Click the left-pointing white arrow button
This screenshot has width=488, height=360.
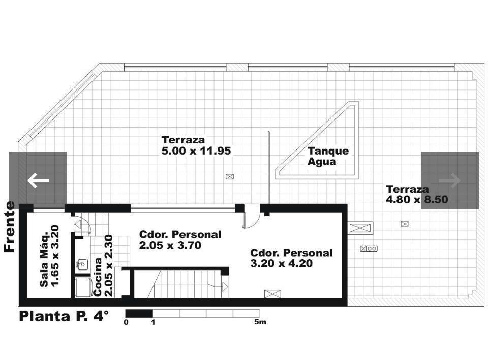(38, 181)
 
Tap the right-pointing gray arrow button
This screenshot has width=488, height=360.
(450, 181)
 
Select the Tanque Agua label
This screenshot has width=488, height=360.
(328, 156)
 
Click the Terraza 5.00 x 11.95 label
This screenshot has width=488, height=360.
(196, 145)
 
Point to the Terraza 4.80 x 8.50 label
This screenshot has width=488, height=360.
(417, 194)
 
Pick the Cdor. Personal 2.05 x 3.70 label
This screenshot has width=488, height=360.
(180, 240)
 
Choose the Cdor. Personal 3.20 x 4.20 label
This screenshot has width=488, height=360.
(291, 258)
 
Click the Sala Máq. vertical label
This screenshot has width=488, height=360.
(49, 255)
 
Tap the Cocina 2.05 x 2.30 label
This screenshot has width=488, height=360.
(103, 265)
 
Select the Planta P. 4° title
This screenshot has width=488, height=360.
(64, 316)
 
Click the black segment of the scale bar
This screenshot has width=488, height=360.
(139, 313)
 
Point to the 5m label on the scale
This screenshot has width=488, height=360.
(260, 322)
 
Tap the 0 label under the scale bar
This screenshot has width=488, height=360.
(126, 322)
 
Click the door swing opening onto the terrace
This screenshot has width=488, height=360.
(252, 217)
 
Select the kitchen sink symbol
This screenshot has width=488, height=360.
(82, 264)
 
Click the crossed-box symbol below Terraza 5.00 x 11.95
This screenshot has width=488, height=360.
(230, 177)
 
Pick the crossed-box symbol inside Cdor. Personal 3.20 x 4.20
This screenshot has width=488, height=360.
(272, 294)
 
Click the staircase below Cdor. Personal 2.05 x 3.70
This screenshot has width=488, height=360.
(188, 284)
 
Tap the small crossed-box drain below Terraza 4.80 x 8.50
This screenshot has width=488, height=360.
(405, 224)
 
